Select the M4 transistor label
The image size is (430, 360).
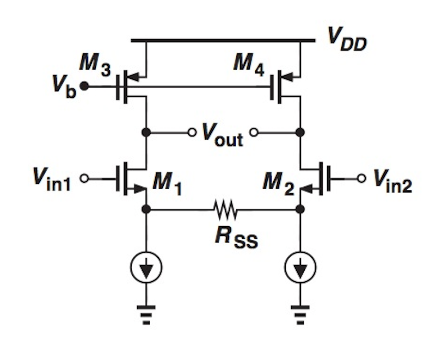(247, 63)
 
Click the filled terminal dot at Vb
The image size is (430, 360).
(84, 86)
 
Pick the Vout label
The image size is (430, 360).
(222, 133)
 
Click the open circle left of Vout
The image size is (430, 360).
(191, 132)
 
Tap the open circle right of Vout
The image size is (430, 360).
(254, 132)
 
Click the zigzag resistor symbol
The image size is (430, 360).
(224, 209)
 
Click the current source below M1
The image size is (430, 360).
(145, 267)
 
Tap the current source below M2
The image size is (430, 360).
(300, 267)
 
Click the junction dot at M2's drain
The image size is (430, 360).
(300, 132)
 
